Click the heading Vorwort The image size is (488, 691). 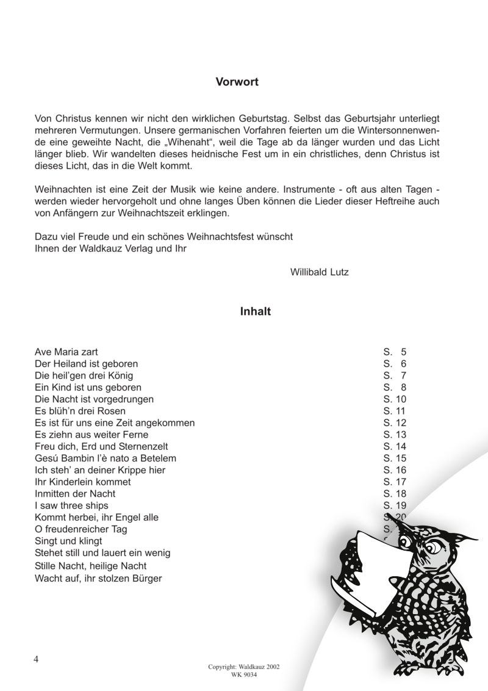pos(237,81)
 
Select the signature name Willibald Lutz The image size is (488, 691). pos(320,272)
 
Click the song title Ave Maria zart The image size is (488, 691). pos(66,352)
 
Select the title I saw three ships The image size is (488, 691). pos(72,505)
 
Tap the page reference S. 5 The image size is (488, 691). pos(395,352)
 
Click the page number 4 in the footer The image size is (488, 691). pos(37,659)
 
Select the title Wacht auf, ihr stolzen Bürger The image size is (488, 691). pos(99,577)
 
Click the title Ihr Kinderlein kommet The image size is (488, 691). pos(82,482)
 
